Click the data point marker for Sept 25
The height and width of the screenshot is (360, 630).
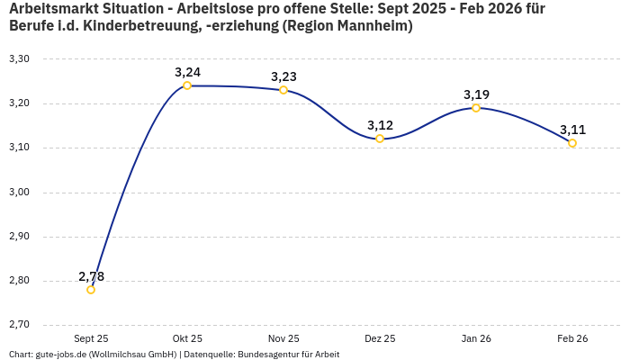pos(91,290)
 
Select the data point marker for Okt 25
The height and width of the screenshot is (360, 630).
pos(187,85)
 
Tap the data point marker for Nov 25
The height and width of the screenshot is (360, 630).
pos(283,90)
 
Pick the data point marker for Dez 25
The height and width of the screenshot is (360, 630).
pos(380,139)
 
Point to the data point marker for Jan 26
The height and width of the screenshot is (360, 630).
pos(476,108)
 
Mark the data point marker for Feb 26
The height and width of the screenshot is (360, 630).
pos(572,143)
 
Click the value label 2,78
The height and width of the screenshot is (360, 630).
pos(91,276)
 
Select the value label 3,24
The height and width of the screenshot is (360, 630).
pos(187,72)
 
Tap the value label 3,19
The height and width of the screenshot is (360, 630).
pos(476,94)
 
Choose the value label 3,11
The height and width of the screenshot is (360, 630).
pos(572,130)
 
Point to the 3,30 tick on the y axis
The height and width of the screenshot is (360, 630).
pos(19,59)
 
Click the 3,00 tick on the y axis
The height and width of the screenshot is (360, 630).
pos(19,193)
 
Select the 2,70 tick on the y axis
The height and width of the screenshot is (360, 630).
pos(19,325)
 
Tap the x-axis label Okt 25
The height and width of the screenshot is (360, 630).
pos(187,338)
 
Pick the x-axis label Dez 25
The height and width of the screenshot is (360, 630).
pos(380,338)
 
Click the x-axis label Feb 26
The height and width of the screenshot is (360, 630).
pos(572,338)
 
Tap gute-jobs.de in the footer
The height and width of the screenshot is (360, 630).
pos(60,355)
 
